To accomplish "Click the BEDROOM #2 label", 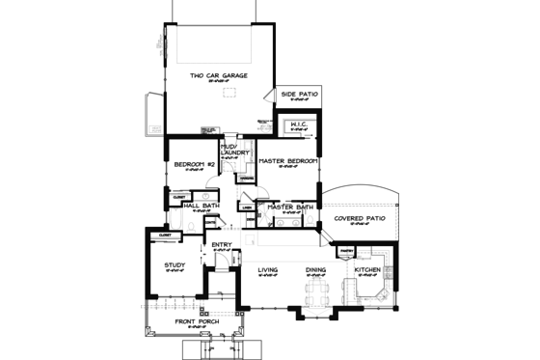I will (193, 165).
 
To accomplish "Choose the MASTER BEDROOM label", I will (289, 160).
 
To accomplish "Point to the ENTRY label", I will (221, 245).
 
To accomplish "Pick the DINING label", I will (315, 271).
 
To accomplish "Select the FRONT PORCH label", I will (196, 320).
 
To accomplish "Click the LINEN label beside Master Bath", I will (246, 207).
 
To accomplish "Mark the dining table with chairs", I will (316, 291).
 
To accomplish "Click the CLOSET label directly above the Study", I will (165, 235).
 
